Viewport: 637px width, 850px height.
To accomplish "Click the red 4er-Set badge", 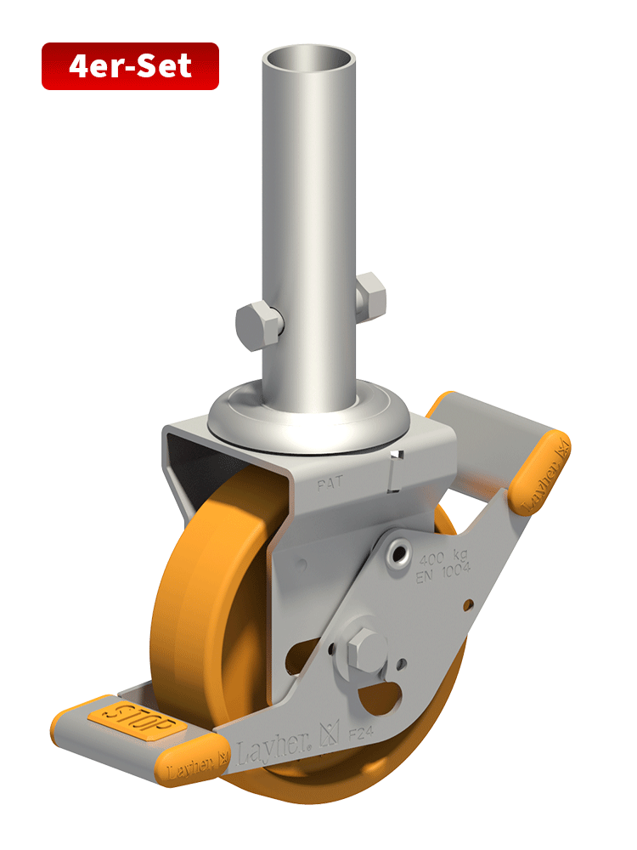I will tap(130, 66).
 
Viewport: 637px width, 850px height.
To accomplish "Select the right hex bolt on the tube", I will tap(371, 294).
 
